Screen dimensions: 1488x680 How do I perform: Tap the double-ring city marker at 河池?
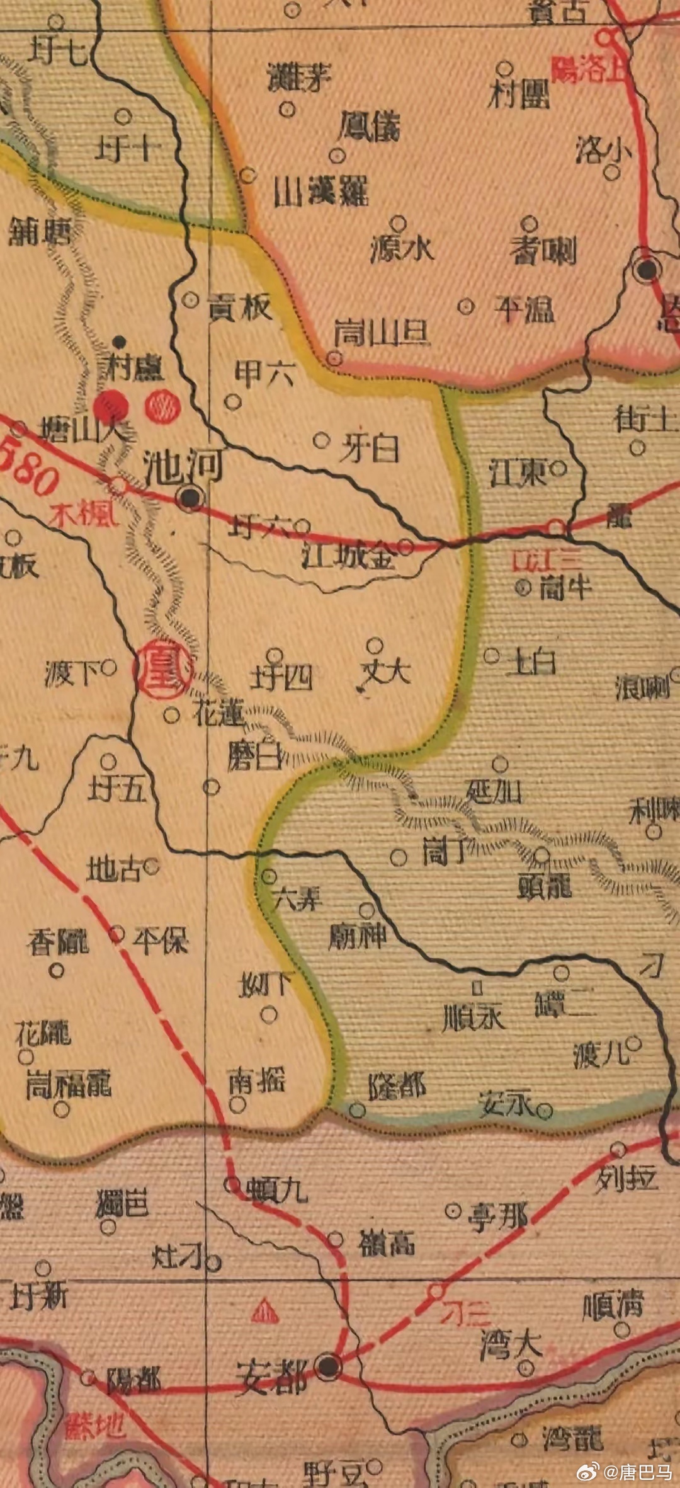(191, 498)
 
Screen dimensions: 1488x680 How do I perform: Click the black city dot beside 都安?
(328, 1366)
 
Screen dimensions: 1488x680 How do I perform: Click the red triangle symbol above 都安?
(265, 1310)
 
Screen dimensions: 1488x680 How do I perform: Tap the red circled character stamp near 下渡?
(162, 672)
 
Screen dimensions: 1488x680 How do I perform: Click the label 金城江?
(349, 555)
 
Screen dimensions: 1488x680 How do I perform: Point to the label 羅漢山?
(320, 190)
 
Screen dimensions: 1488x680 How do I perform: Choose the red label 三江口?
(547, 559)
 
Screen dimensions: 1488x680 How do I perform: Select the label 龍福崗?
(68, 1085)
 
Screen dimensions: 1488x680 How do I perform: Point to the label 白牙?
(369, 448)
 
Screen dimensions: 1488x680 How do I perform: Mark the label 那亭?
(497, 1216)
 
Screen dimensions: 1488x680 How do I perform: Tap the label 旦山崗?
(382, 332)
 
